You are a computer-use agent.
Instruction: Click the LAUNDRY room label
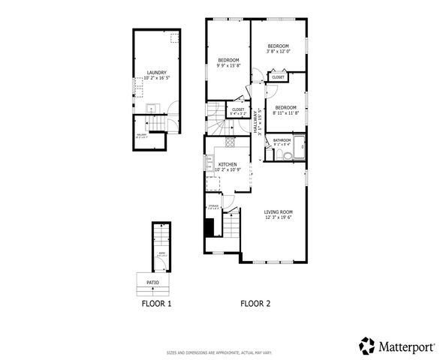(x=156, y=73)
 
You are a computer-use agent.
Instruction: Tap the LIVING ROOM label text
(x=277, y=212)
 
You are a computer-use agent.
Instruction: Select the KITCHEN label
(x=228, y=164)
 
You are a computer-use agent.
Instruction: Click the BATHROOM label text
(x=282, y=140)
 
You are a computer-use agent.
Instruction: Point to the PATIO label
(x=152, y=283)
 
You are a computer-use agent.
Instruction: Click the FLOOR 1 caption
(x=156, y=304)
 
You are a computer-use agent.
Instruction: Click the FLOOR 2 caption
(x=255, y=304)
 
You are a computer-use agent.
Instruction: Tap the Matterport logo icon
(x=367, y=345)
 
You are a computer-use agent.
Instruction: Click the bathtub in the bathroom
(x=299, y=148)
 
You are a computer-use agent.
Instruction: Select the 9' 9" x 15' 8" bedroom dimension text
(x=228, y=66)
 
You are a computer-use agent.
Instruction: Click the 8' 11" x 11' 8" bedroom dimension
(x=285, y=113)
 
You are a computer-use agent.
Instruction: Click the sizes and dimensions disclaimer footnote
(x=219, y=352)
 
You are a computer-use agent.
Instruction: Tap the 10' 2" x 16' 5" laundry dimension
(x=156, y=78)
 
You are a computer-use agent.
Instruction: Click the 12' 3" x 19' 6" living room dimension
(x=277, y=217)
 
